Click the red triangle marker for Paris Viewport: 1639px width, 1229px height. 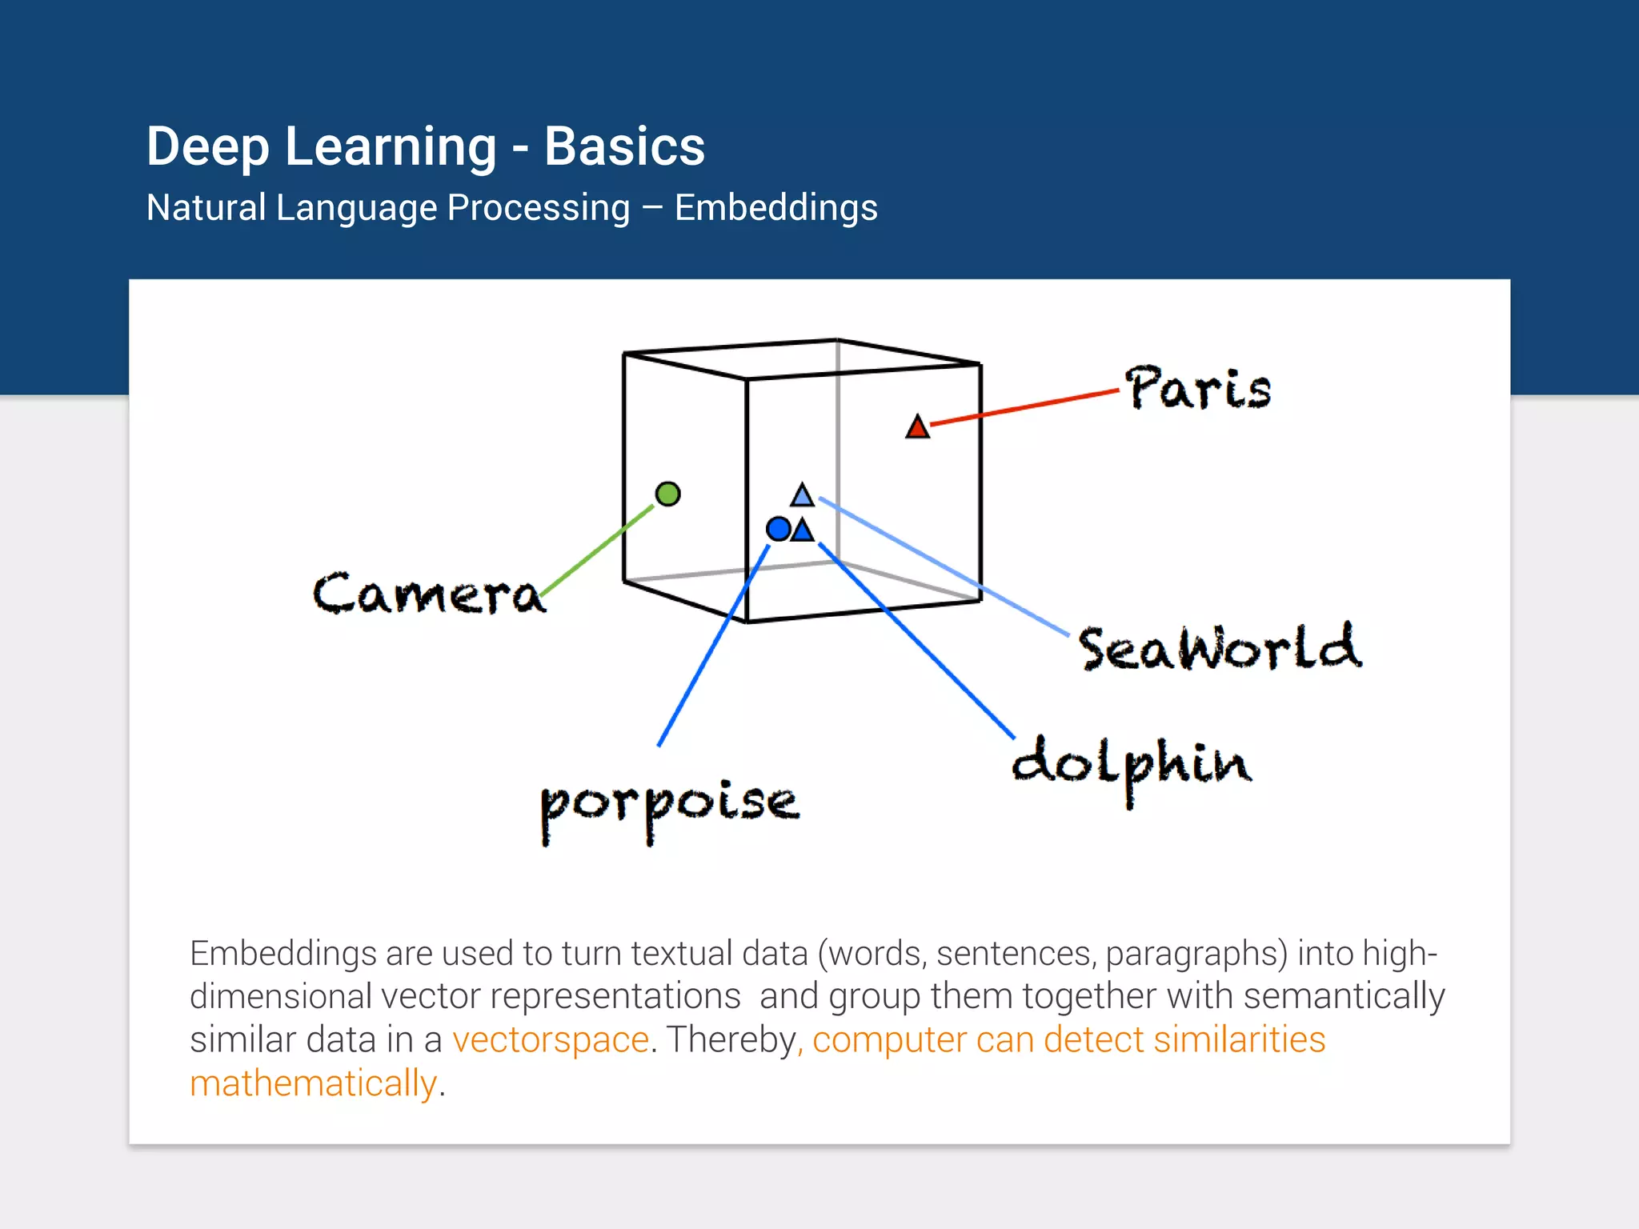coord(917,428)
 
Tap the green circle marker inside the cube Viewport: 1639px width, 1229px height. coord(667,494)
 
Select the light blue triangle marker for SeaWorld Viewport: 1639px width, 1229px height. coord(802,496)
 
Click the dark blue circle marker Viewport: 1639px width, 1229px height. coord(778,529)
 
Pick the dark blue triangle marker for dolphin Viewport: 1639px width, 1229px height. coord(802,530)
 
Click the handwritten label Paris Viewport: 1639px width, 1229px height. coord(1197,389)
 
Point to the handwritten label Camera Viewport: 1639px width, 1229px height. coord(428,594)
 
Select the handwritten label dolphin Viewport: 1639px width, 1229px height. coord(1131,765)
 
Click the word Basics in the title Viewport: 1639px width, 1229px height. coord(624,146)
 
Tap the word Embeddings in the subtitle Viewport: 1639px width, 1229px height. coord(775,208)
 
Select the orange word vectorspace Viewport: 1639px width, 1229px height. coord(550,1040)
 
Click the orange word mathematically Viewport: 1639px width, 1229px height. coord(313,1083)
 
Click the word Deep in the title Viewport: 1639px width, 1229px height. coord(207,146)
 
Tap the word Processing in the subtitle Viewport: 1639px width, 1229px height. coord(538,208)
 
